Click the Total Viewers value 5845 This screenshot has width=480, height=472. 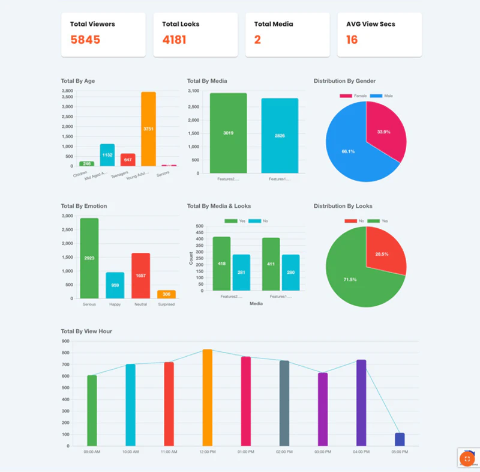tap(85, 40)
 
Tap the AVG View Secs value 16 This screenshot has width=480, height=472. tap(352, 40)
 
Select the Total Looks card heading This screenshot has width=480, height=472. tap(181, 24)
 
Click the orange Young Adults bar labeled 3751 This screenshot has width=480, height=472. tap(148, 129)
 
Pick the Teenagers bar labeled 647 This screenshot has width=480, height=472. tap(128, 160)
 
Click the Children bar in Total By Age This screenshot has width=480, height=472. tap(87, 163)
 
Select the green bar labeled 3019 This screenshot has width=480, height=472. tap(228, 133)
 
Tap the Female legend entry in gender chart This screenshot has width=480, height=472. tap(354, 96)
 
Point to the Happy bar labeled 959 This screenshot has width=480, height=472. tap(115, 285)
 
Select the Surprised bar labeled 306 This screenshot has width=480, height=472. tap(167, 294)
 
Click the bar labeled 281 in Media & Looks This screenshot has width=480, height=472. tap(241, 273)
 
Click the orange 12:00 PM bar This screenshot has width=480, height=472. tap(207, 398)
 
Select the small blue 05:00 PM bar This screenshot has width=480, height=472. tap(400, 440)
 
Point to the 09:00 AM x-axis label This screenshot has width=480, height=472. tap(92, 452)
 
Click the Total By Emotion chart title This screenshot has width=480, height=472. tap(84, 206)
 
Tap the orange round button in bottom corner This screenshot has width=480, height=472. tap(467, 459)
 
